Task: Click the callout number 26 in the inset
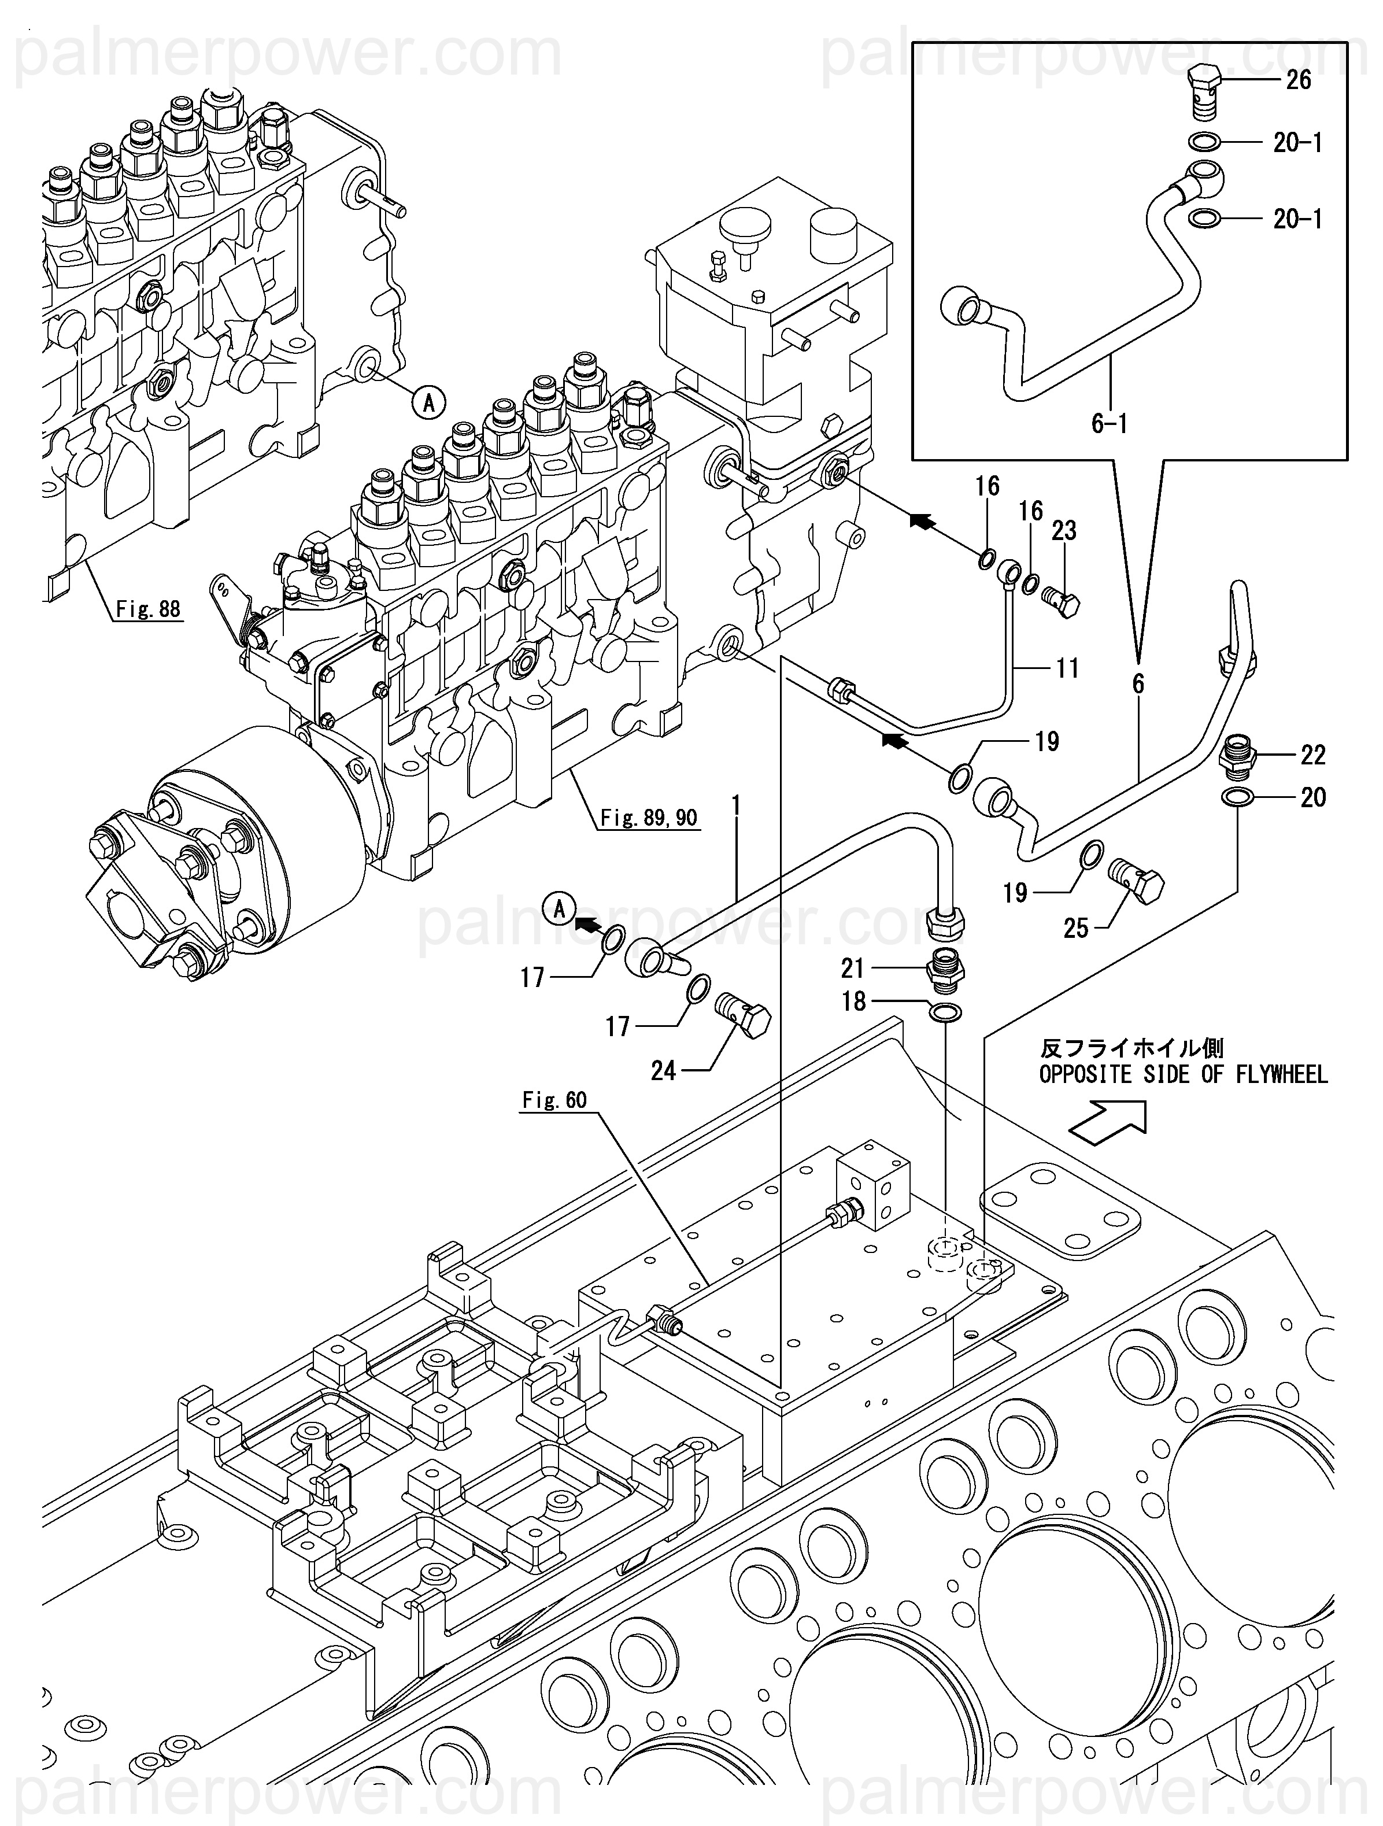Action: (1299, 80)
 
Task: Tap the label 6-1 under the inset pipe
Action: (1109, 424)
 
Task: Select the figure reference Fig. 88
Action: (148, 609)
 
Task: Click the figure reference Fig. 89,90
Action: (648, 818)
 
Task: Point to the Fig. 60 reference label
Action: (554, 1100)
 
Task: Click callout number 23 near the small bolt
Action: (1064, 531)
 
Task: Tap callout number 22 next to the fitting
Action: (1313, 755)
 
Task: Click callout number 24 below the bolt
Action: (663, 1071)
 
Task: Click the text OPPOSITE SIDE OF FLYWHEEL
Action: (1183, 1075)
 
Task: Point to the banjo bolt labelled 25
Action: (1136, 878)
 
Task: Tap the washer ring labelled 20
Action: (1237, 797)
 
